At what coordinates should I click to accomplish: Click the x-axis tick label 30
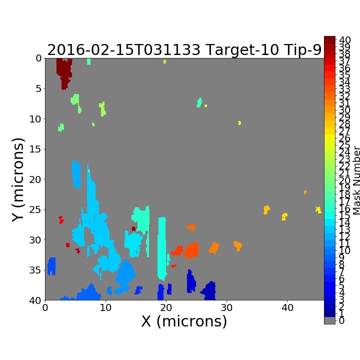click(x=226, y=307)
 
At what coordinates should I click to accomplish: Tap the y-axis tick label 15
click(x=35, y=149)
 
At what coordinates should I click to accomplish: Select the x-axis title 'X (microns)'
click(x=184, y=321)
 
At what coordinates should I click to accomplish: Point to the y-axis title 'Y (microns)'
click(x=18, y=180)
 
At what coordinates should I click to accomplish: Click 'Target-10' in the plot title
click(x=242, y=50)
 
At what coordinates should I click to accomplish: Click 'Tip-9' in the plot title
click(x=302, y=50)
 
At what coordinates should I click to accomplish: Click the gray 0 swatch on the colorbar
click(x=329, y=320)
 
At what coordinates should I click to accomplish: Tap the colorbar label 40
click(x=345, y=40)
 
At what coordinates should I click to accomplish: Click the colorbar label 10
click(x=345, y=250)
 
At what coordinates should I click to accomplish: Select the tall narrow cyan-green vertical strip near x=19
click(x=162, y=248)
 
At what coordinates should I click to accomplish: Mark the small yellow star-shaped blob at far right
click(x=318, y=209)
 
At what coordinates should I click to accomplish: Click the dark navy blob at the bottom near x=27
click(x=209, y=291)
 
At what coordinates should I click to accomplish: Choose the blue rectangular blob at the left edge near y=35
click(x=51, y=266)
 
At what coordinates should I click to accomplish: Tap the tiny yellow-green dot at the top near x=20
click(x=164, y=61)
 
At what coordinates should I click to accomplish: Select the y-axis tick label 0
click(x=39, y=58)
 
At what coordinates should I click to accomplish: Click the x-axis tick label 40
click(x=287, y=307)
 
